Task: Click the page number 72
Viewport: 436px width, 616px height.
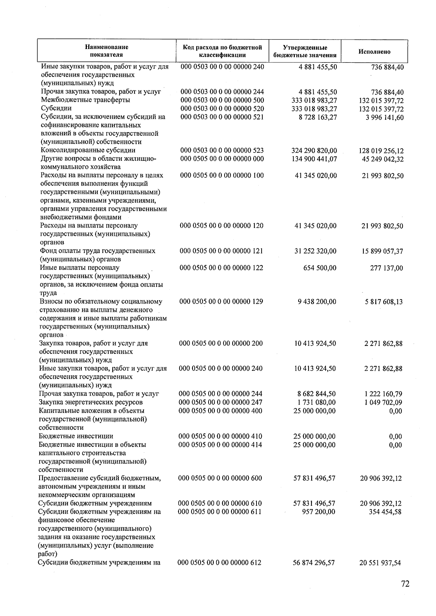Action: point(405,584)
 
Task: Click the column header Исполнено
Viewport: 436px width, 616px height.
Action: point(374,52)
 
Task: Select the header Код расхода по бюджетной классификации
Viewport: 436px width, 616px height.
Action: point(222,51)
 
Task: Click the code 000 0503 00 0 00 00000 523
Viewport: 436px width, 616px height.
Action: point(222,150)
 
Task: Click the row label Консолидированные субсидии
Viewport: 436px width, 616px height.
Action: point(88,150)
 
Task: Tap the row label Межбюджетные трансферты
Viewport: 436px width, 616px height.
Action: point(85,100)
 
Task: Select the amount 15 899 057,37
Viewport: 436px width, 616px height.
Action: point(382,251)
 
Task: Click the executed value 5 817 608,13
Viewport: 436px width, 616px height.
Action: point(384,302)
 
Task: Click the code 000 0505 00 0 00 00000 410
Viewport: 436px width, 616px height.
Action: point(220,436)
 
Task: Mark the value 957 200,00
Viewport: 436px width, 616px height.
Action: point(319,512)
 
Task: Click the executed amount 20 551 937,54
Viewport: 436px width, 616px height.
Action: point(380,563)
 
